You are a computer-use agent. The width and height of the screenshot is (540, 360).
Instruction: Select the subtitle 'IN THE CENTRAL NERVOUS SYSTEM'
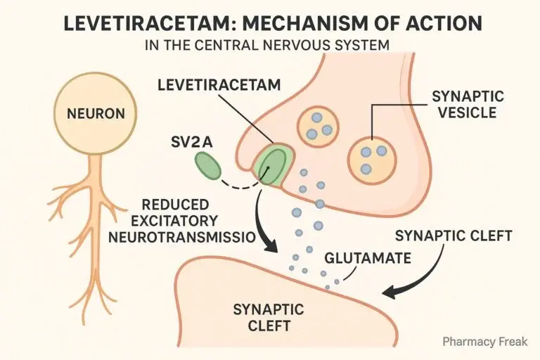tap(270, 48)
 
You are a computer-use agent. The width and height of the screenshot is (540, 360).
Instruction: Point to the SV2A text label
tap(191, 142)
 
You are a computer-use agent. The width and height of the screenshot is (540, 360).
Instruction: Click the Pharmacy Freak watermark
tap(484, 342)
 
